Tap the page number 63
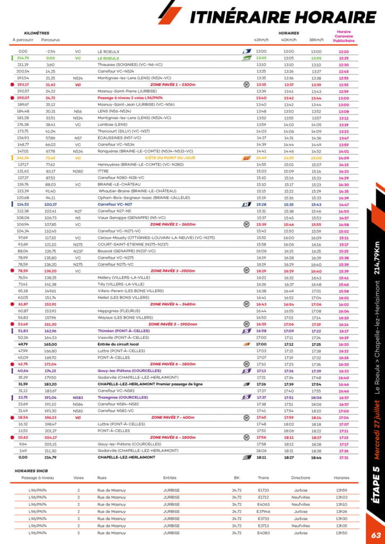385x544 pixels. pyautogui.click(x=376, y=535)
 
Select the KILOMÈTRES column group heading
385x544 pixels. pyautogui.click(x=37, y=33)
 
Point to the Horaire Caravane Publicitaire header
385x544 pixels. pyautogui.click(x=343, y=36)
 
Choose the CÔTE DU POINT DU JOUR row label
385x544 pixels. pyautogui.click(x=170, y=158)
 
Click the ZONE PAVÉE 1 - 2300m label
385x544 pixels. pyautogui.click(x=173, y=84)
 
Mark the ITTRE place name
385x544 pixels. pyautogui.click(x=103, y=171)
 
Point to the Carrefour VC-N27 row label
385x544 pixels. pyautogui.click(x=115, y=205)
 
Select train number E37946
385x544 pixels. pyautogui.click(x=264, y=512)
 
